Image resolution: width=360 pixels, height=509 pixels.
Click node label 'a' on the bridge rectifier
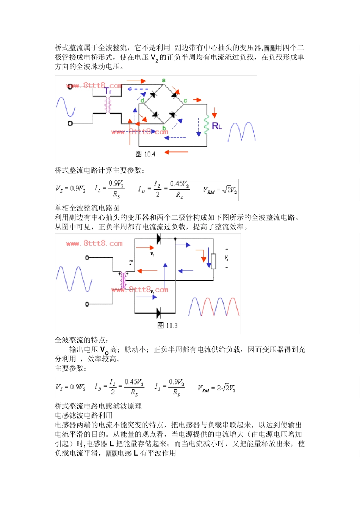[164, 80]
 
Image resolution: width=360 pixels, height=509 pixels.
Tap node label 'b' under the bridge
[164, 128]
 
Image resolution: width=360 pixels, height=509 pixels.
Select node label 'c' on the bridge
[185, 101]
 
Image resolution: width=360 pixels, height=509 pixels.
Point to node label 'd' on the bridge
[142, 100]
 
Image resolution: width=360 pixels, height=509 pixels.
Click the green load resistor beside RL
[207, 125]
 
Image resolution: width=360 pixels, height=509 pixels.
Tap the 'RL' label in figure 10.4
[217, 126]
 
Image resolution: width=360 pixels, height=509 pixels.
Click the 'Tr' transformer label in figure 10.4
[108, 91]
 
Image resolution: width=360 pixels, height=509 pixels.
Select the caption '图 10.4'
[146, 154]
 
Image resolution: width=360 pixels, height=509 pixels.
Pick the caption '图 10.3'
[167, 325]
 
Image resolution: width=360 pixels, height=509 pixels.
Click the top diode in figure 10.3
[158, 239]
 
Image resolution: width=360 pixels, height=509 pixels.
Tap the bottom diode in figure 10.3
[158, 313]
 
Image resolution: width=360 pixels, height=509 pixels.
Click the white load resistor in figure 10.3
[213, 261]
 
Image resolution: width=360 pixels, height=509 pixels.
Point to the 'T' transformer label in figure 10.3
[131, 262]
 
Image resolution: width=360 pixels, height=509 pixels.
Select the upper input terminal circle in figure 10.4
[70, 87]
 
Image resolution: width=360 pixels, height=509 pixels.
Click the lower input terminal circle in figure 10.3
[87, 304]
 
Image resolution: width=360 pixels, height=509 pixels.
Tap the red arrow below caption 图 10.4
[177, 152]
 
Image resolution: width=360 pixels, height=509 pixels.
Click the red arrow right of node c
[197, 100]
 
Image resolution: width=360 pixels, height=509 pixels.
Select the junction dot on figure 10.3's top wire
[175, 239]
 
